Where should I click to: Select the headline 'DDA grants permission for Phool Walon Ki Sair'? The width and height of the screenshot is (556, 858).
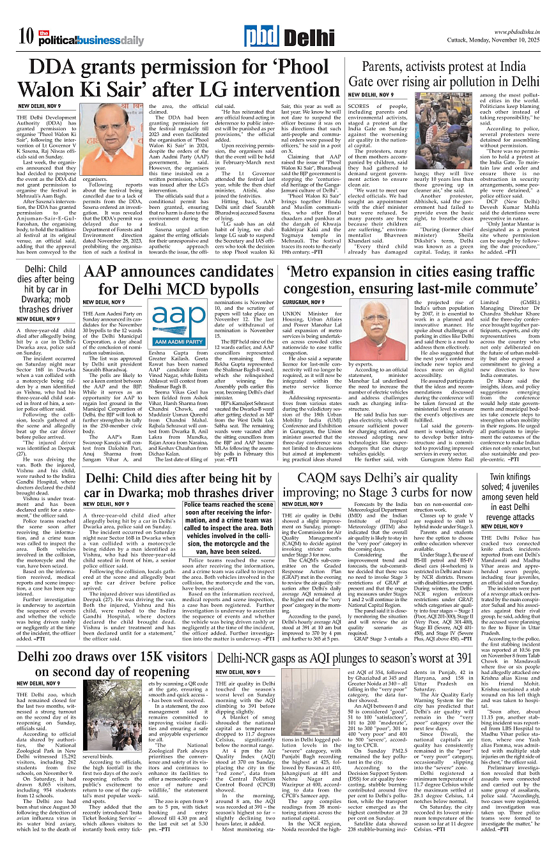click(x=176, y=78)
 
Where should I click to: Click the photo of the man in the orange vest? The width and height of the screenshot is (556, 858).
click(x=114, y=141)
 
